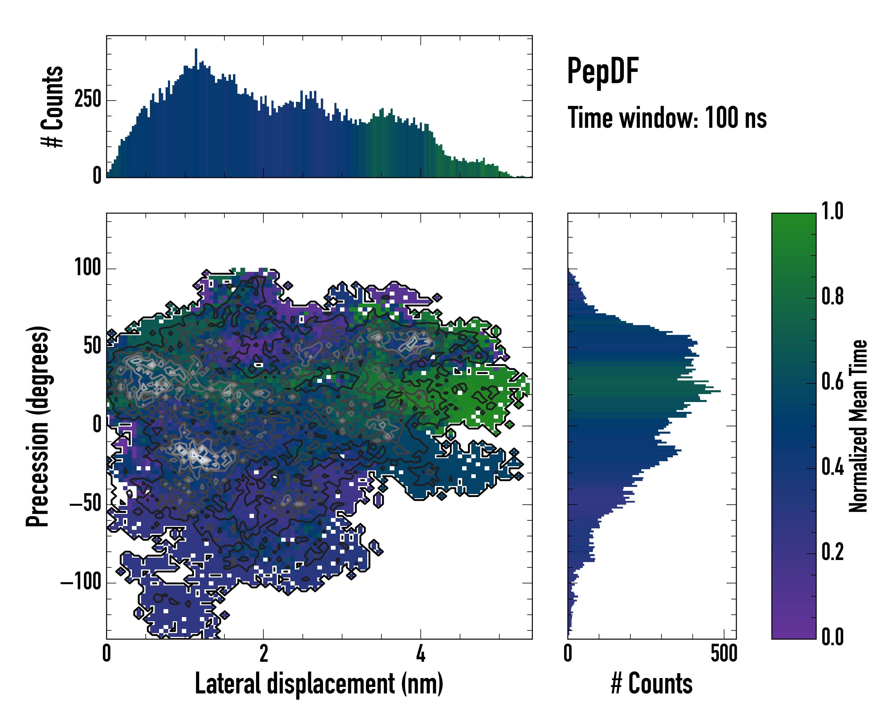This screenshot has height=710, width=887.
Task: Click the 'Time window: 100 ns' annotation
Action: [x=667, y=118]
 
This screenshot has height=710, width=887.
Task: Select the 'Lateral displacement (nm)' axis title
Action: [x=319, y=684]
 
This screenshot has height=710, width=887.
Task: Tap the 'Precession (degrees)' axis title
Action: [x=38, y=426]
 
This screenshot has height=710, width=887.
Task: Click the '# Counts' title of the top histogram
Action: [x=53, y=106]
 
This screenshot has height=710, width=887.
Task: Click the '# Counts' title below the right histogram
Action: [x=652, y=684]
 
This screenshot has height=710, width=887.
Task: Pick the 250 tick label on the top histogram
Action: [x=88, y=100]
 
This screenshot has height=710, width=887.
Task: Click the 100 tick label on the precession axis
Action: [x=88, y=268]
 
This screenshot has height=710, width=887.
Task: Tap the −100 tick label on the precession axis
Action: [x=81, y=582]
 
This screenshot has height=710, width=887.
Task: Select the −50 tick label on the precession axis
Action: [x=85, y=504]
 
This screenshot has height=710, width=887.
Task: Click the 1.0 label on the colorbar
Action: [x=832, y=212]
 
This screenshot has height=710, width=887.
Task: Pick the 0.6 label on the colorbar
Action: [x=832, y=382]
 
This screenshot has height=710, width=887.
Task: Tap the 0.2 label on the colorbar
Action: [x=832, y=552]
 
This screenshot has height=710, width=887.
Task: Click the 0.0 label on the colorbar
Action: [x=832, y=637]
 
